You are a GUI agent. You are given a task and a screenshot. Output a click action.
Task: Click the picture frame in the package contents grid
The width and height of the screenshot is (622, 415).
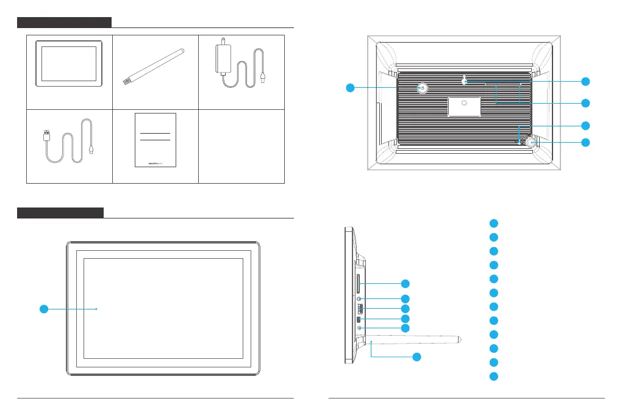[68, 64]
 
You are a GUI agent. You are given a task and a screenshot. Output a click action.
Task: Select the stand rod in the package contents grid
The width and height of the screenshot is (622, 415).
[155, 63]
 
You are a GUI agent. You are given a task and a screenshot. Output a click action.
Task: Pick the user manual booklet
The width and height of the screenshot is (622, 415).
[155, 140]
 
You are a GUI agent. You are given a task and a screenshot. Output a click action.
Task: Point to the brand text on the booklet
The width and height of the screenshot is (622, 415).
[155, 163]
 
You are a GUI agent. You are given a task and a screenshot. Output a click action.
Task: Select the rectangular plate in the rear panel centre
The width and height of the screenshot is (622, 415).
[464, 106]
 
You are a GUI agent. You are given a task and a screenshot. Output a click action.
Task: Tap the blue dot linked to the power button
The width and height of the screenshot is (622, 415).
[349, 88]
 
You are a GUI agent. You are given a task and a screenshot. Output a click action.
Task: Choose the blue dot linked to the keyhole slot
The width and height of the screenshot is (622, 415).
[585, 81]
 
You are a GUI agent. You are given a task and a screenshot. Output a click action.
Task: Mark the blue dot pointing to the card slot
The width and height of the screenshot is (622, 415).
[406, 284]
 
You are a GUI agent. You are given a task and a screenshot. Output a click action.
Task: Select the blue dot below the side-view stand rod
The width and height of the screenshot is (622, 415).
[417, 358]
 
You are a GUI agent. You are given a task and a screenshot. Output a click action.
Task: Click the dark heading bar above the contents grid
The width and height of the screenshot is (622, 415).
[64, 23]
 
